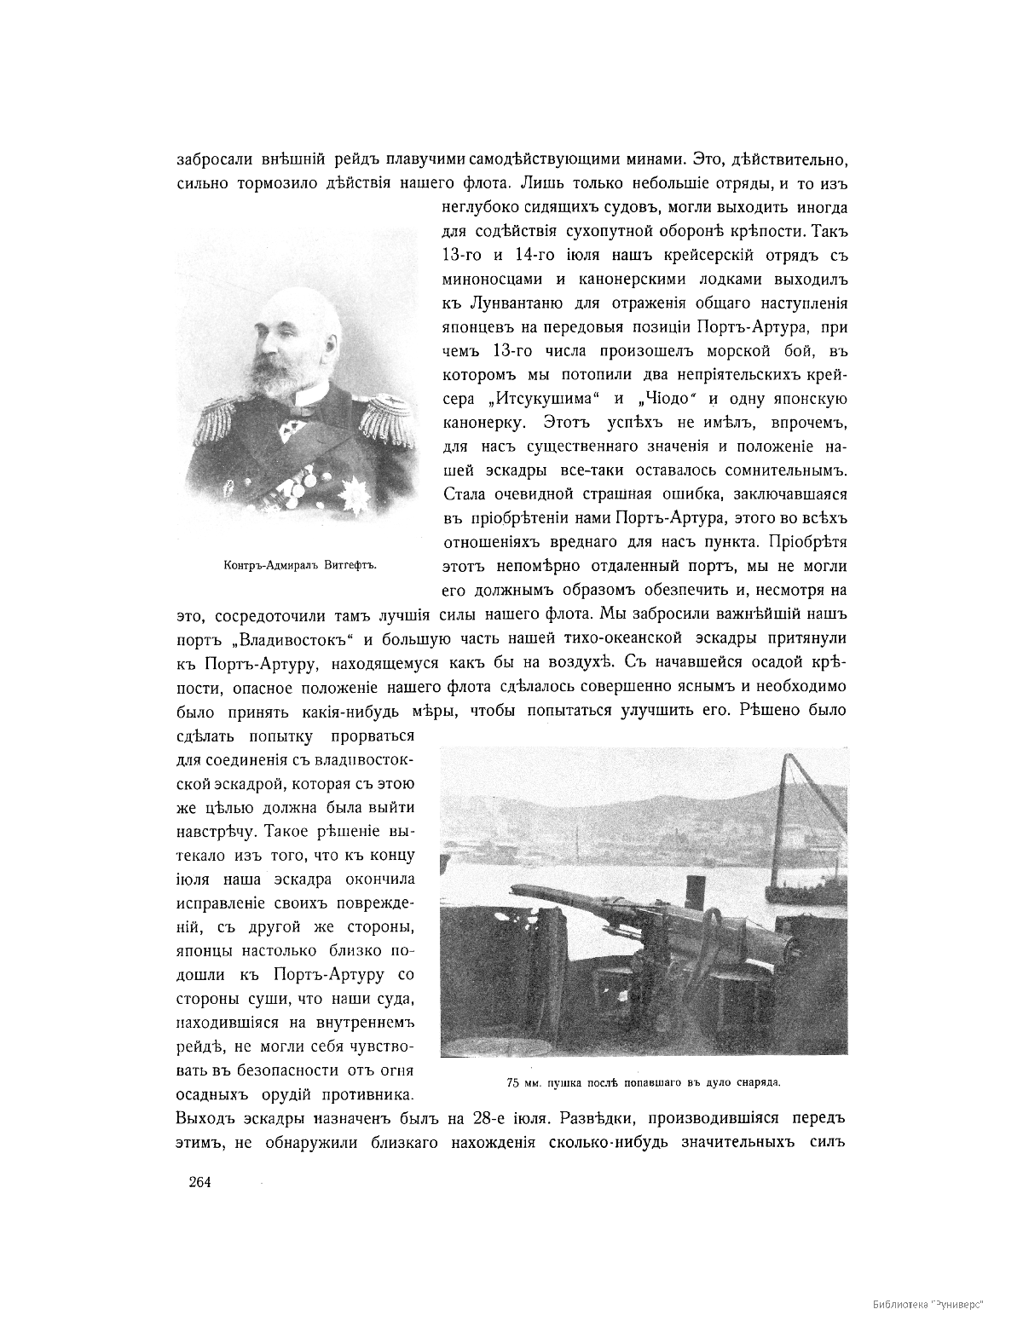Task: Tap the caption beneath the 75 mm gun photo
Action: (644, 1083)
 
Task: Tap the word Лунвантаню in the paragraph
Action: (518, 303)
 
